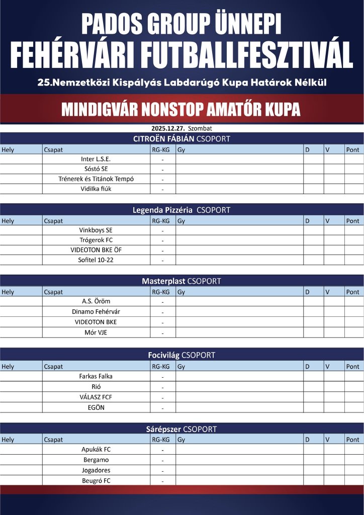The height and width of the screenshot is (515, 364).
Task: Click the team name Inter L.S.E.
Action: point(96,159)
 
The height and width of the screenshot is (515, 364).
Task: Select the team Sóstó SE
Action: point(96,169)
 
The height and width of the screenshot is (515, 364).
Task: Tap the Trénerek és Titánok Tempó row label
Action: point(96,179)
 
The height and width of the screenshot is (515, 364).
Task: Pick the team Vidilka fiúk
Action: point(96,189)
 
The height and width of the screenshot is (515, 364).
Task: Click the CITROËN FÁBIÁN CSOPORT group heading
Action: point(181,139)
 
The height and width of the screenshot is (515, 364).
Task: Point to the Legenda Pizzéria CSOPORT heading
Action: point(181,210)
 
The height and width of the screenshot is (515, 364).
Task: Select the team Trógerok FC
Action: point(96,240)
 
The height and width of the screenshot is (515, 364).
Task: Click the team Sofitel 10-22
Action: point(96,260)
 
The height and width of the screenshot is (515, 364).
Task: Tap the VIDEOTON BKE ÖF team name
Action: point(96,250)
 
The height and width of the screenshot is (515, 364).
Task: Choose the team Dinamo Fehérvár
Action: point(96,311)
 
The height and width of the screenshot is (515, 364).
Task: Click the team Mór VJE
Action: point(96,332)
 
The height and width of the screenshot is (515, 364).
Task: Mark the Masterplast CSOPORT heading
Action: point(181,281)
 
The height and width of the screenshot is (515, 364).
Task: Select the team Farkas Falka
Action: point(96,376)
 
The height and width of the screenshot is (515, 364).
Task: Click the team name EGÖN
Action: point(96,407)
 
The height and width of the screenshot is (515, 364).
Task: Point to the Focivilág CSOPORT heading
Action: point(181,355)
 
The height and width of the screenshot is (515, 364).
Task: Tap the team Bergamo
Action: point(96,460)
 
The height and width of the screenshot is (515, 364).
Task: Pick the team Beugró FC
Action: point(96,481)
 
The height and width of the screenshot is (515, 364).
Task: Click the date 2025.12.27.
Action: point(164,128)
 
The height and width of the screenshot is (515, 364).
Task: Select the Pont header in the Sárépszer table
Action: point(353,440)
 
